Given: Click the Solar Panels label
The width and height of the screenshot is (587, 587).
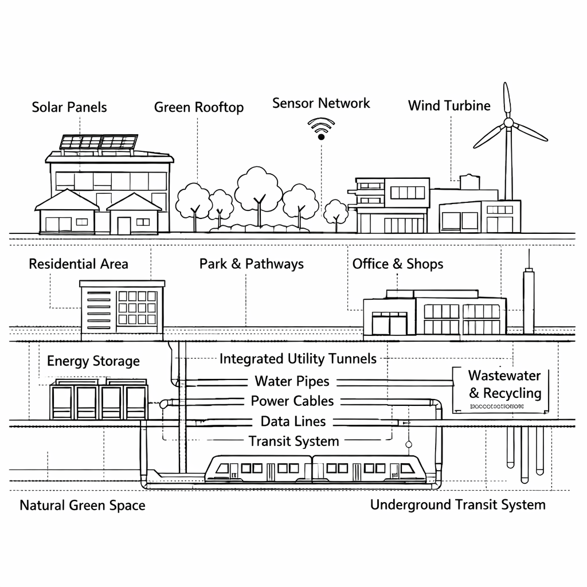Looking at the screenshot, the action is coord(69,107).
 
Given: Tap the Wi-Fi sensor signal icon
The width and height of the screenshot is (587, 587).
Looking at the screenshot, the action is coord(321,128).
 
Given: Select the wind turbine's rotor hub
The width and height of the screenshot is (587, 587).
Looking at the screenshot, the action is coord(508,122).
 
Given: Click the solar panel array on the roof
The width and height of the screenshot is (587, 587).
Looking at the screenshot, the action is coord(99,142).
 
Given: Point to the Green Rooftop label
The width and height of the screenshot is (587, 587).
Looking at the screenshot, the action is coord(199,107).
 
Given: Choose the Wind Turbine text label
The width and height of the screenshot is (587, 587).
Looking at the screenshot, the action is coord(449,105).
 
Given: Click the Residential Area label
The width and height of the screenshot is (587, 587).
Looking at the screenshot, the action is coord(79,264).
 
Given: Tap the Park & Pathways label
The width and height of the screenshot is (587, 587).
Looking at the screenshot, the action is coord(252,264).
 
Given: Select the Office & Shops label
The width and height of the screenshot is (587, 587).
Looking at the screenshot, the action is coord(398,264).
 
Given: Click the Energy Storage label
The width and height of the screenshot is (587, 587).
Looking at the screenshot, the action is coord(93,361).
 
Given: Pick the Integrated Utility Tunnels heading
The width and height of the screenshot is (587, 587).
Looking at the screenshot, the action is coord(298,359).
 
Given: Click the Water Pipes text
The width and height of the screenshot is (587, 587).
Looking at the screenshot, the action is coord(292,381).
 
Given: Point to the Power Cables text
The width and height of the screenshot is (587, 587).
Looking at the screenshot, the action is coord(292,401).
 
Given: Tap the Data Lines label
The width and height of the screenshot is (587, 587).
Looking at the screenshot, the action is coord(293,422).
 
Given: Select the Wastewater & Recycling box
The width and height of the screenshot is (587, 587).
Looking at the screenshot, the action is coord(504,389).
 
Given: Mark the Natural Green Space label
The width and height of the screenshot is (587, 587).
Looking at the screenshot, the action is coord(83,506).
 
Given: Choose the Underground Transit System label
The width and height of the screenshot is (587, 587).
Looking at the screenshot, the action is coord(457,505).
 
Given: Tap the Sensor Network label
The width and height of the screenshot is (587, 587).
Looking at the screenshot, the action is coord(321,103).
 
